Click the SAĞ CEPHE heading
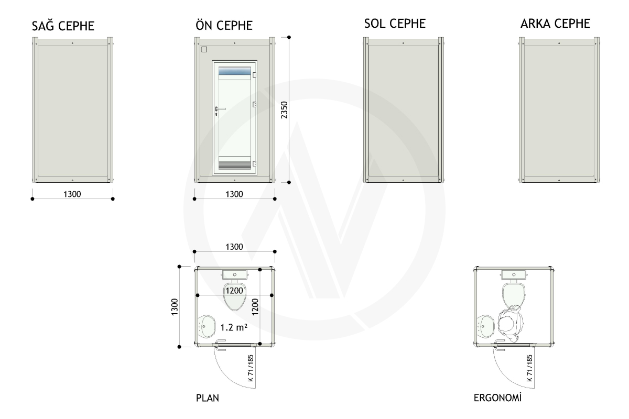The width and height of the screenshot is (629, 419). point(63,26)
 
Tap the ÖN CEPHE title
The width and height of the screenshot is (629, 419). point(224,25)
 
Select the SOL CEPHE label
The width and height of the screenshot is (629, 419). point(395,24)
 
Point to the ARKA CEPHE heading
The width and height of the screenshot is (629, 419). point(555,24)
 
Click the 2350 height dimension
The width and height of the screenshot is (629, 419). point(284,110)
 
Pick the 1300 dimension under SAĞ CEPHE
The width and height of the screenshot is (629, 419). point(72,194)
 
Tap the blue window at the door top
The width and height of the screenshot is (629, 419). point(234,71)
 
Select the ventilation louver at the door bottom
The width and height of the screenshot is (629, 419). point(234,163)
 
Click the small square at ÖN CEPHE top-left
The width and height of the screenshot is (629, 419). point(204,49)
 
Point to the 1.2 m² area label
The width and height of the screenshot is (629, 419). point(234,327)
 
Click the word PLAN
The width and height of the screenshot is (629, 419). point(207,398)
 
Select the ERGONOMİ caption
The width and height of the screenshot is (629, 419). point(497,398)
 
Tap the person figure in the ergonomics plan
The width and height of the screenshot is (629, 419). point(511,324)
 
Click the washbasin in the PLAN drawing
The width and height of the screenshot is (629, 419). point(207,326)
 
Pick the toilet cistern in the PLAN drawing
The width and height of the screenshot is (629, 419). point(234,274)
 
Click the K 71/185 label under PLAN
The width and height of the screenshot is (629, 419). point(251,368)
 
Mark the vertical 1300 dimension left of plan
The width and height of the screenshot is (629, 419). point(175,307)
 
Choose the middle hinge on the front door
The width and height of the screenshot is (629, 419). point(254,105)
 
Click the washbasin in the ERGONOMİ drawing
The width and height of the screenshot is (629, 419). point(486,326)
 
